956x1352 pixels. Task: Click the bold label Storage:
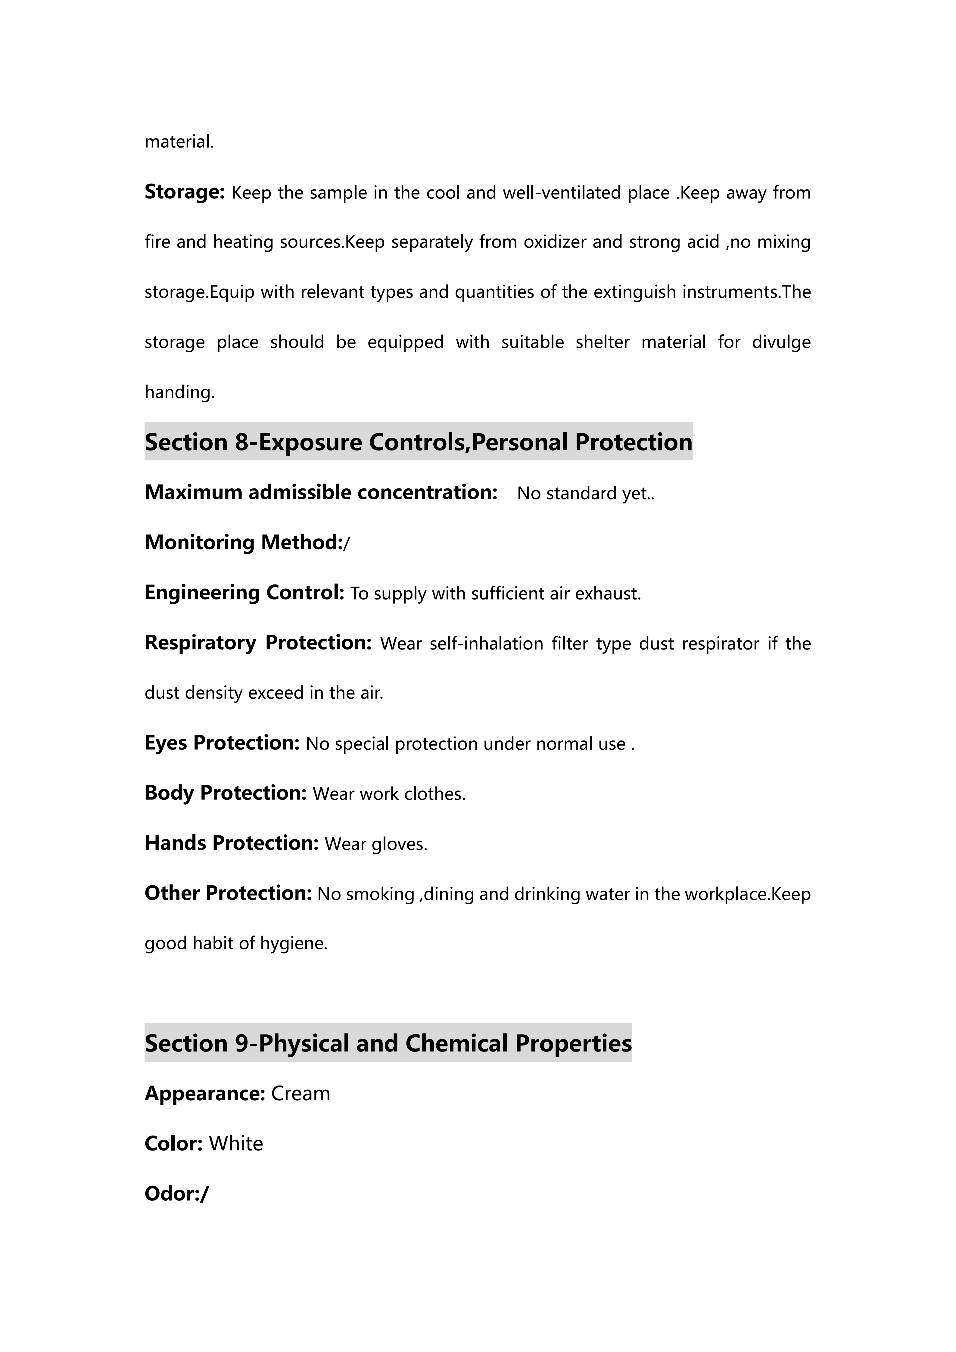coord(184,192)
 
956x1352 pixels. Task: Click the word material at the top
coord(179,142)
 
